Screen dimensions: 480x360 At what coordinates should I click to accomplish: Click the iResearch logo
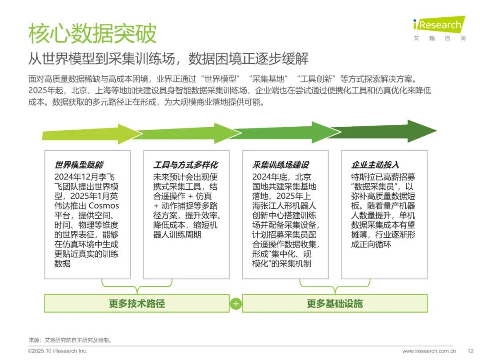click(439, 28)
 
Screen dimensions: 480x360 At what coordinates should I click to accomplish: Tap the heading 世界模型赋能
click(79, 165)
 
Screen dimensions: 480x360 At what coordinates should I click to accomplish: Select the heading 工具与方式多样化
click(185, 165)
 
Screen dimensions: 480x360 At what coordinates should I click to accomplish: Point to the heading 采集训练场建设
click(281, 165)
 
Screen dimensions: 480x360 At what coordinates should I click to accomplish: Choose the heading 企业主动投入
click(375, 165)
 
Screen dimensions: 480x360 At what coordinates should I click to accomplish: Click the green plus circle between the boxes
click(236, 304)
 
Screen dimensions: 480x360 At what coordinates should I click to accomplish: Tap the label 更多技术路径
click(137, 304)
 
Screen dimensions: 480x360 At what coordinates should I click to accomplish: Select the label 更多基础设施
click(335, 304)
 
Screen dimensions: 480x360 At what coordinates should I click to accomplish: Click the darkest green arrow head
click(423, 131)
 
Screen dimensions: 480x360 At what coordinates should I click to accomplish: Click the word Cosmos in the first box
click(104, 206)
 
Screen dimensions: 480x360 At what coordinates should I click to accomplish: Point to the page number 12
click(471, 351)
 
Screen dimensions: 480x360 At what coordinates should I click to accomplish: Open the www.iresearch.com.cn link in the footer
click(429, 351)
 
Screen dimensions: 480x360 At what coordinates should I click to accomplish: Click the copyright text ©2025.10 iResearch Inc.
click(57, 351)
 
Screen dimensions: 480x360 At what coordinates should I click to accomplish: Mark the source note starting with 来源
click(70, 340)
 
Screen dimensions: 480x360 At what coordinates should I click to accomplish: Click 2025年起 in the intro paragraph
click(46, 90)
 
